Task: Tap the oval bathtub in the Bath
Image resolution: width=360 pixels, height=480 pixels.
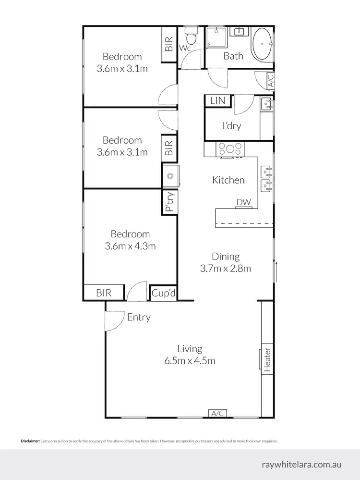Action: coord(262,44)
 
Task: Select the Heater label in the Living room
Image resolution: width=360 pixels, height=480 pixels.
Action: coord(267,360)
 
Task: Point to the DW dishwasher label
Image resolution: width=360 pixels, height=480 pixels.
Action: coord(243,203)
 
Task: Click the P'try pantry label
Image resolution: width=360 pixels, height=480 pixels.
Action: coord(169,202)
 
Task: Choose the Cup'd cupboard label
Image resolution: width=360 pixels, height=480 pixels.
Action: coord(163,293)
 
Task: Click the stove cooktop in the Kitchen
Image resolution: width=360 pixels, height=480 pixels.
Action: coord(231,149)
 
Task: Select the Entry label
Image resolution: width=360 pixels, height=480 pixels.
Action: coord(139,317)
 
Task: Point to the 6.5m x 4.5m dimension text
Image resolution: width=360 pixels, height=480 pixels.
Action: coord(190,361)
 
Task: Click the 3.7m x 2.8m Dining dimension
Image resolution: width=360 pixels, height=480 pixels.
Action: coord(226,269)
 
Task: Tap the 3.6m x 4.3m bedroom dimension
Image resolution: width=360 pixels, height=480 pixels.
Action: coord(130,246)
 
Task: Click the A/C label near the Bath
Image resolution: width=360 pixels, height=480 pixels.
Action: coord(271,80)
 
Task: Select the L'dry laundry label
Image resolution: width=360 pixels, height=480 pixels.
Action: coord(231,126)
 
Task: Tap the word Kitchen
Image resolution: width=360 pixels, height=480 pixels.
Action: coord(228,180)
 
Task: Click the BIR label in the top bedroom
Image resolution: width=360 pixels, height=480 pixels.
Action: coord(169,44)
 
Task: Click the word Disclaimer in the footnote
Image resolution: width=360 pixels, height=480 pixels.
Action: coord(30,441)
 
